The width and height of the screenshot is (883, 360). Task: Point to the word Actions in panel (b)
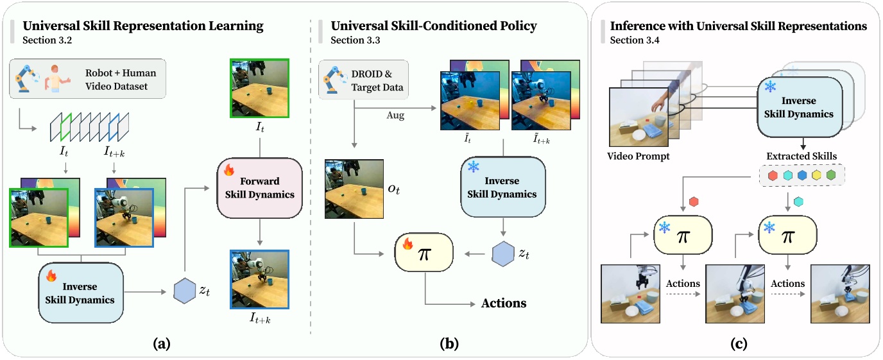click(x=504, y=303)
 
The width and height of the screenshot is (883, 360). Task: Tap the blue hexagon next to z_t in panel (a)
click(x=184, y=291)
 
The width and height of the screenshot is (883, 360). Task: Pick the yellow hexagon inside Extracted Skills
click(x=817, y=175)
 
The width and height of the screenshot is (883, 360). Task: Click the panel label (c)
click(x=738, y=344)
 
